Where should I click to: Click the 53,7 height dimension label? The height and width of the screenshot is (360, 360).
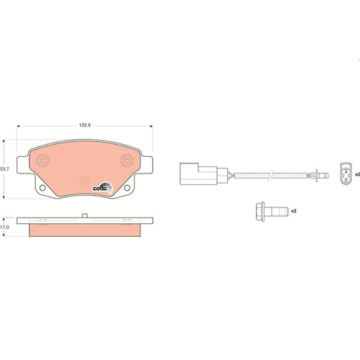[4, 168]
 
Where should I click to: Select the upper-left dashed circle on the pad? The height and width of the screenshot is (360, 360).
[42, 161]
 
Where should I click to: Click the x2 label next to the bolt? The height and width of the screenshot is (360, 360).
[293, 212]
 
